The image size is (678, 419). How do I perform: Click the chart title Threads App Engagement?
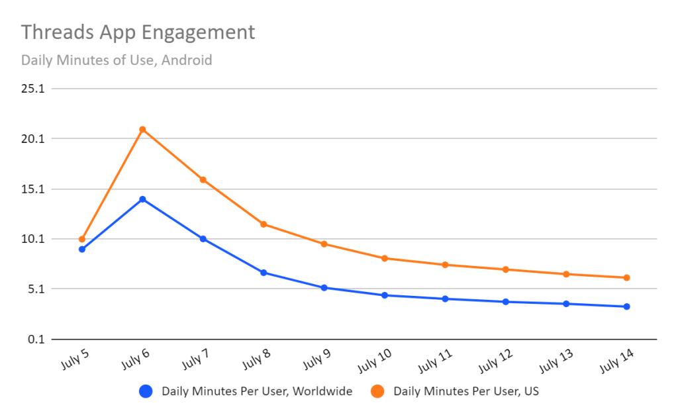pos(138,32)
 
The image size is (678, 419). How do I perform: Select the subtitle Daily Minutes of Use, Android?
pos(117,60)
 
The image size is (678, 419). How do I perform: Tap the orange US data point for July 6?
pos(142,130)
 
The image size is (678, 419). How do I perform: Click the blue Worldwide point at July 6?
pos(142,199)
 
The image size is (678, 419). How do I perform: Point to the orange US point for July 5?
pos(82,239)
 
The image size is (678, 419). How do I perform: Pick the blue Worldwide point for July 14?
pos(626,306)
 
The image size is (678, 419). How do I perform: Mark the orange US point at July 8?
pos(264,224)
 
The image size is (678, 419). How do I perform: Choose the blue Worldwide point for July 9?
pos(324,288)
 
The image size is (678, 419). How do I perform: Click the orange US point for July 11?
pos(445,265)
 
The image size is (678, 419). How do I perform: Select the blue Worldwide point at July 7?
pos(203,239)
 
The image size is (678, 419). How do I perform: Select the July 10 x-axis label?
pos(375,360)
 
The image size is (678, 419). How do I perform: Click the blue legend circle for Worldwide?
pos(146,391)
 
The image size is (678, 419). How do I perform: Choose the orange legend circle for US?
pos(378,391)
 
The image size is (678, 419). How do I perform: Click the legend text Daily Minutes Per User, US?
pos(466,391)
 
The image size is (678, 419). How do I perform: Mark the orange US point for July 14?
pos(626,278)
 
